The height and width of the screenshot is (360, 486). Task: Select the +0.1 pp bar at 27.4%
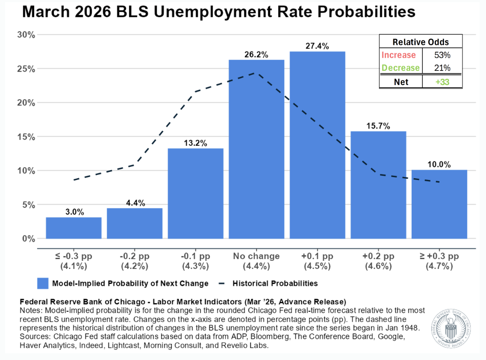pos(317,145)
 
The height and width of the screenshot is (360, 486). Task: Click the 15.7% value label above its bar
pos(378,126)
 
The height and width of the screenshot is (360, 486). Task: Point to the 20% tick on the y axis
pos(26,103)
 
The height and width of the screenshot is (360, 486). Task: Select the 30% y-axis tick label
pos(26,35)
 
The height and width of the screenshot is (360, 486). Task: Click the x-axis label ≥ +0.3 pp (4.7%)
pos(439,261)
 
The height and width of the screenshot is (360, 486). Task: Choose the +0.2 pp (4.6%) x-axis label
pos(378,261)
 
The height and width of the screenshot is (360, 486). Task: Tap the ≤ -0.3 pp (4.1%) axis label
pos(74,261)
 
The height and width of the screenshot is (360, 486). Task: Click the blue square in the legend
pos(43,283)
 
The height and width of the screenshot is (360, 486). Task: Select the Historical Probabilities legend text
pos(275,283)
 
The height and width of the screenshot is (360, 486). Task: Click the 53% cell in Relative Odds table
pos(442,55)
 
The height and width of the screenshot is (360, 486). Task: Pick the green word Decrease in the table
pos(400,68)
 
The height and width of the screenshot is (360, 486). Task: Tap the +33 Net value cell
pos(442,81)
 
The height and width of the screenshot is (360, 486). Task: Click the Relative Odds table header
pos(421,42)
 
